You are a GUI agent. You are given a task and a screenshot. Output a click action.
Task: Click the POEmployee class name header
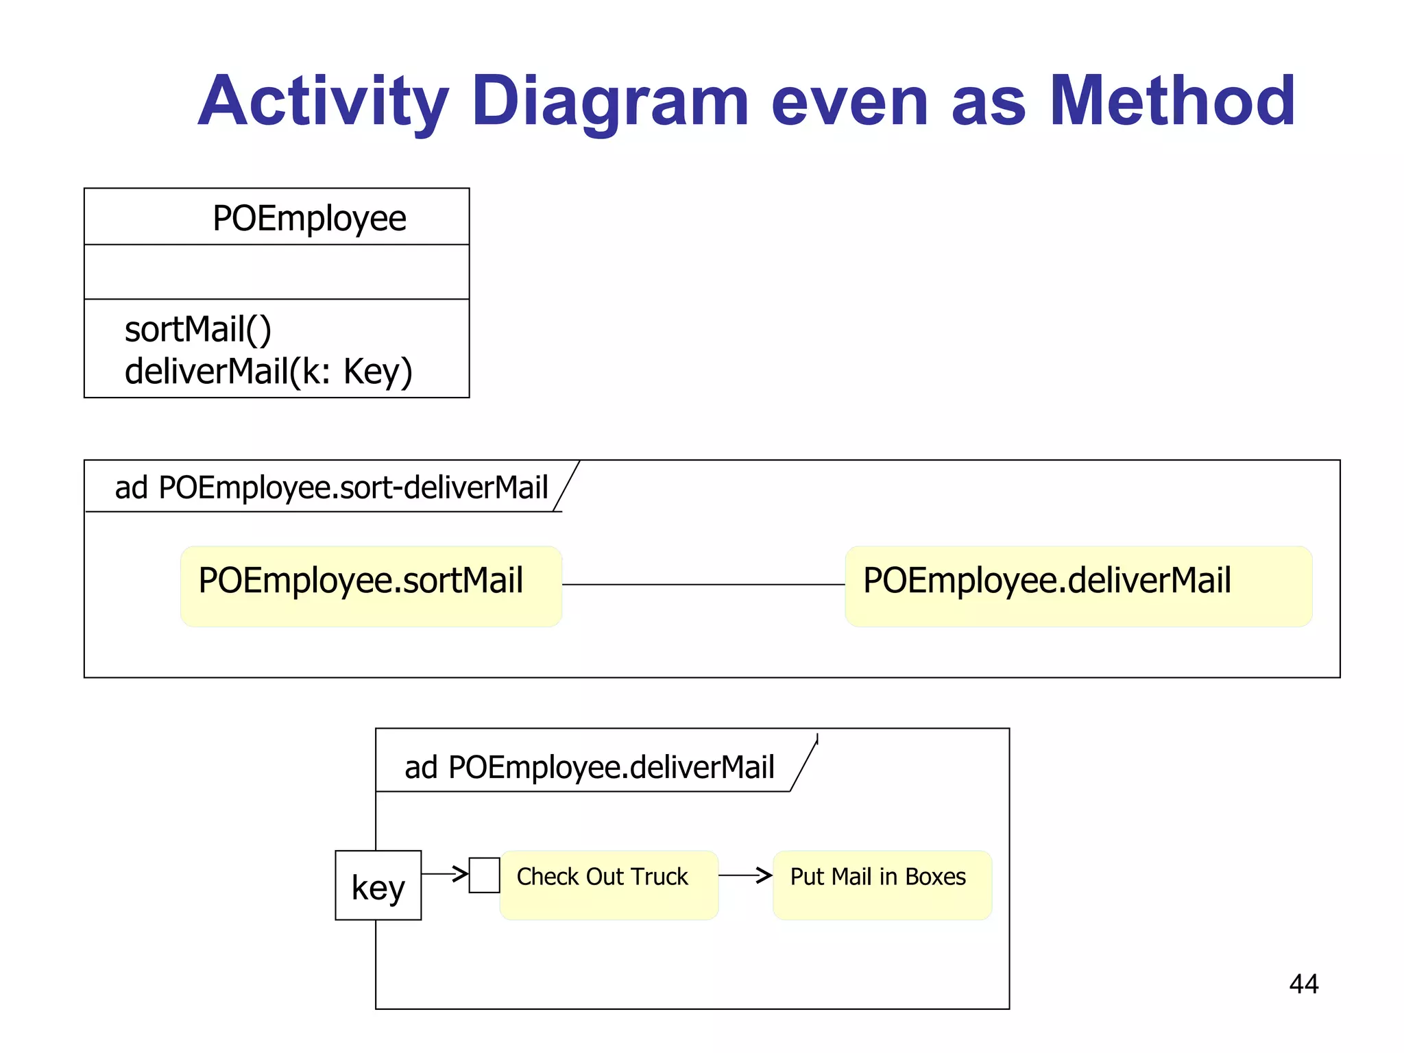tap(309, 218)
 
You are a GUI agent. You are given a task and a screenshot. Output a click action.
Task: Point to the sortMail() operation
tap(198, 329)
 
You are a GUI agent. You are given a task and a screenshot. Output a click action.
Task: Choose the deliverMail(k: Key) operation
tap(268, 371)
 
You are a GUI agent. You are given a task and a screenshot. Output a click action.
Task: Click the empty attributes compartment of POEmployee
tap(276, 271)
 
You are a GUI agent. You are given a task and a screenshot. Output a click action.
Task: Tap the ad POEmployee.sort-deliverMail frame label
tap(331, 487)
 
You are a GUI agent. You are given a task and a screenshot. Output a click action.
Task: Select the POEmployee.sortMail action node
tap(371, 585)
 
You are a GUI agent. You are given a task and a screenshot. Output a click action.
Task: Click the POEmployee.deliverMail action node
tap(1078, 585)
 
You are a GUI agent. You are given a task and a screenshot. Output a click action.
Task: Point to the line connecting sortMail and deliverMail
tap(703, 584)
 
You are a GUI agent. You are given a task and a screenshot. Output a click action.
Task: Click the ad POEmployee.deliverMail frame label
tap(589, 766)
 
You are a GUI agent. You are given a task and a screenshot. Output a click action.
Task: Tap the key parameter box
tap(378, 885)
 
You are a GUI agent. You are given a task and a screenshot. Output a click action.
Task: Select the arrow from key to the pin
tap(444, 873)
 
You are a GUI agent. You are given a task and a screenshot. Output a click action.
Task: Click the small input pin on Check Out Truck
tap(484, 875)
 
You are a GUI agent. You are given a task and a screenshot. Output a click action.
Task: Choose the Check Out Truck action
tap(609, 884)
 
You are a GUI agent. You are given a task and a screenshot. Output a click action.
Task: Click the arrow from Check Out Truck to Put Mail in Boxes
tap(745, 875)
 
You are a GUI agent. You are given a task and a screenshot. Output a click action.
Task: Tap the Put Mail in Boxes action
tap(882, 884)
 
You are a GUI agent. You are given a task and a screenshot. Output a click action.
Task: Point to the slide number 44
tap(1303, 984)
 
